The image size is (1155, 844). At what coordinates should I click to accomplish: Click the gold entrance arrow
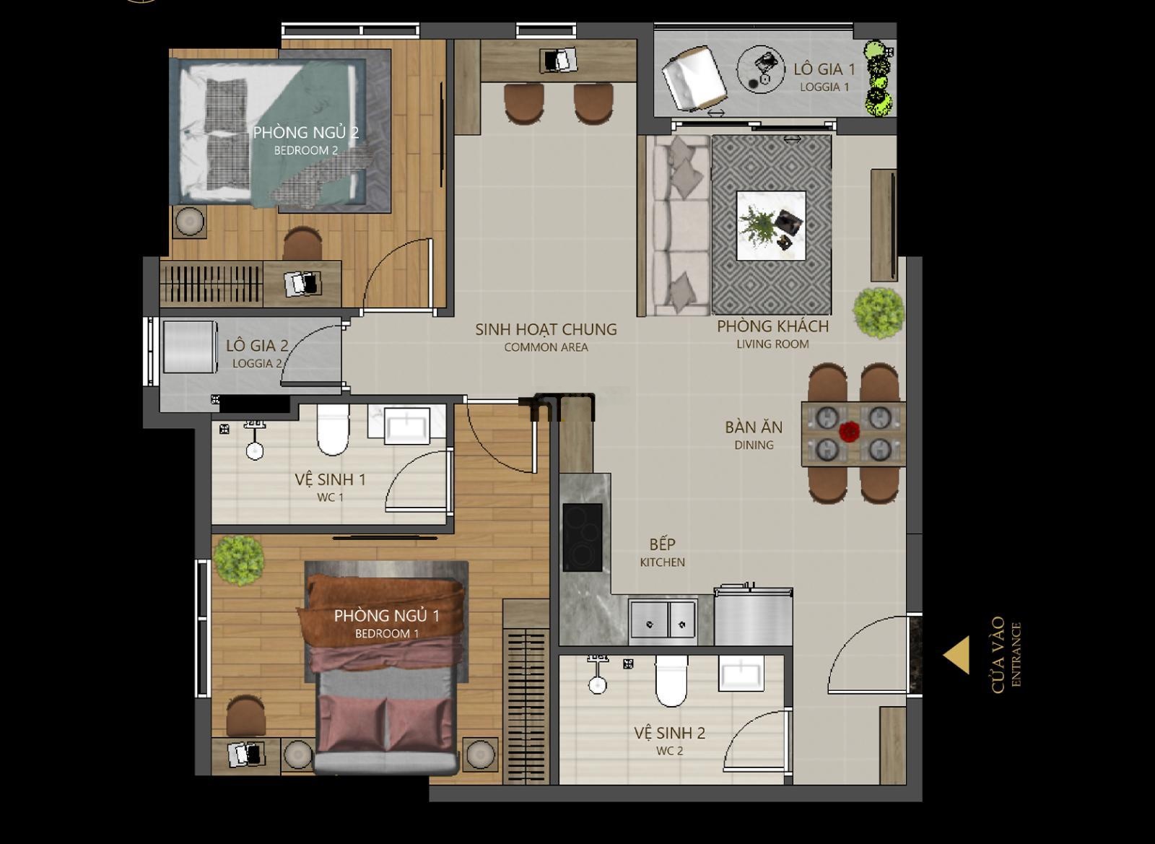point(959,655)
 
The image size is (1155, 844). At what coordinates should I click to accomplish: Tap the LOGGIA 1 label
point(824,87)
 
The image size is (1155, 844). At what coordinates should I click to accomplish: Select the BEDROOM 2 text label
point(306,151)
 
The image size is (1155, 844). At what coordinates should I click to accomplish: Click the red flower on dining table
point(848,431)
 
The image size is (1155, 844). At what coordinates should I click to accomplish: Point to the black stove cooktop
point(583,537)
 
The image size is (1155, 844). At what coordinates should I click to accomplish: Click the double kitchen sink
point(663,622)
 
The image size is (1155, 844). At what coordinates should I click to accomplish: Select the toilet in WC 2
point(671,681)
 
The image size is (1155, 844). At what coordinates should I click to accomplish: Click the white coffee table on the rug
point(771,225)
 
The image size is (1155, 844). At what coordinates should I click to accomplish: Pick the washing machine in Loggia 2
point(190,347)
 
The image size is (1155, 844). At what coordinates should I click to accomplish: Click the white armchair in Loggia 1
point(694,78)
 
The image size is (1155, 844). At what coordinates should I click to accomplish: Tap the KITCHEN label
point(663,562)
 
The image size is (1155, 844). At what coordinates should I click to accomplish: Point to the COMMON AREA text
point(546,347)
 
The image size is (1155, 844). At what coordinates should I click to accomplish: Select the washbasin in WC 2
point(741,674)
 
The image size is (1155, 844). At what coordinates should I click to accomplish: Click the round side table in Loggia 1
point(761,69)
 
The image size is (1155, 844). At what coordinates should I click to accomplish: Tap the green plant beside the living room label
point(878,313)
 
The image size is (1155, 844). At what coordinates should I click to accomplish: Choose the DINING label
point(754,445)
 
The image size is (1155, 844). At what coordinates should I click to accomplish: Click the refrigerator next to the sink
point(754,615)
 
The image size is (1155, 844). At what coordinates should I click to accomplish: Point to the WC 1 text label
point(330,497)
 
